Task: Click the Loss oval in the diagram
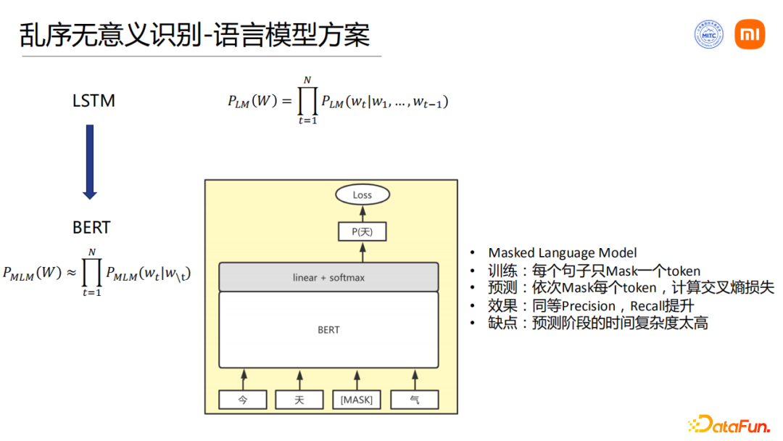coord(362,194)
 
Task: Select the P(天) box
coord(362,231)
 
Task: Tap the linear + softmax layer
coord(328,277)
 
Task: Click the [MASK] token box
coord(357,400)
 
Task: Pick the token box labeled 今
coord(243,400)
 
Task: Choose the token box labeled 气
coord(414,400)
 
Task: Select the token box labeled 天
coord(299,400)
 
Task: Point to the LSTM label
coord(94,101)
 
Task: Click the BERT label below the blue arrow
coord(91,227)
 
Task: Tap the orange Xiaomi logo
coord(749,34)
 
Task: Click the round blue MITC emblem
coord(708,34)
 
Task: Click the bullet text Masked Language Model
coord(562,252)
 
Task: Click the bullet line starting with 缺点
coord(597,323)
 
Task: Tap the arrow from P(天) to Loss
coord(362,213)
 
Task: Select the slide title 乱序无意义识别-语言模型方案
coord(194,35)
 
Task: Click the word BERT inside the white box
coord(328,330)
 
